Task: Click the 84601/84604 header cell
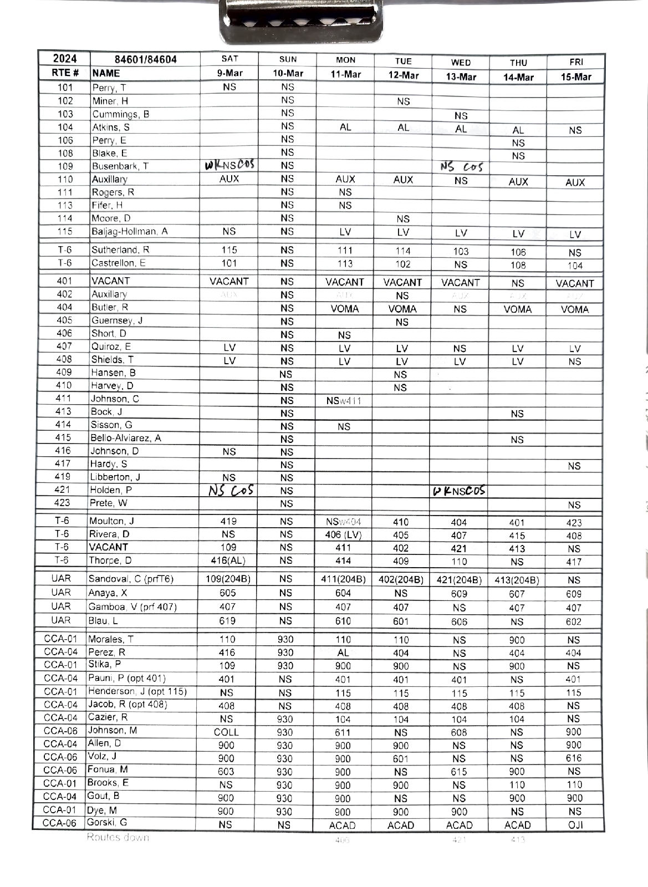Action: point(145,59)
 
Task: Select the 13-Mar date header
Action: point(461,77)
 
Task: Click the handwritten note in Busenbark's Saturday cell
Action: point(229,165)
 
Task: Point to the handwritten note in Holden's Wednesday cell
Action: point(459,491)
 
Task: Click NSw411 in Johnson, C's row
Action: point(344,400)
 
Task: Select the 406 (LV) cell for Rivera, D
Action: point(344,535)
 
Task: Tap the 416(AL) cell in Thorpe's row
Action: point(228,560)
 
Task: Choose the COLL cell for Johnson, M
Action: point(226,732)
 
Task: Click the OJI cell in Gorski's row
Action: point(575,825)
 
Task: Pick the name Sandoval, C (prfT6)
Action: point(131,579)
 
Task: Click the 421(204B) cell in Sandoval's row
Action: point(459,580)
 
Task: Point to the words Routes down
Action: point(118,837)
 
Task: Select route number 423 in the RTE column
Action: point(63,503)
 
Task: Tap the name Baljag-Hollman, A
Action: point(129,231)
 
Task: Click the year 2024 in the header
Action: point(64,59)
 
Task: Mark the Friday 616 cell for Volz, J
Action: point(574,758)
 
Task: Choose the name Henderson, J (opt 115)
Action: point(137,691)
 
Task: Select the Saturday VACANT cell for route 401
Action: point(229,281)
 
